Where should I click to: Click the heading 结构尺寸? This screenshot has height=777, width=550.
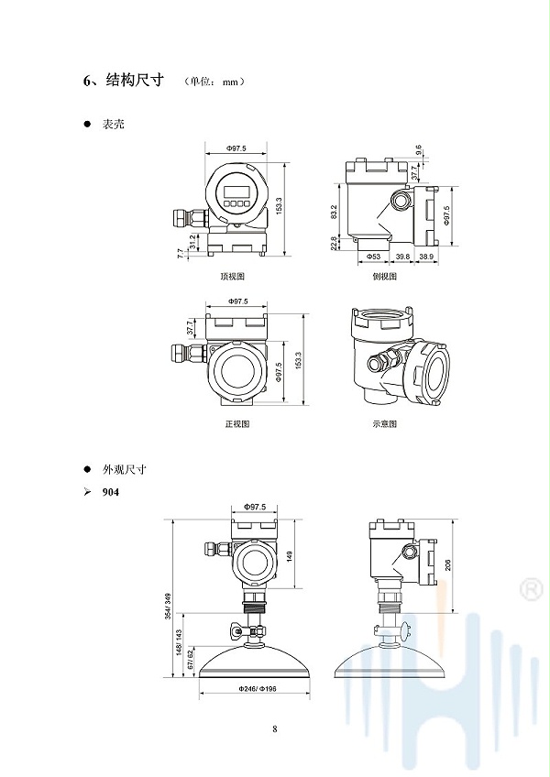click(x=135, y=80)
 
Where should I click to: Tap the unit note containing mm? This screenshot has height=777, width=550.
click(x=214, y=82)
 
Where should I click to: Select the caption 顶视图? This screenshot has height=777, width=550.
click(x=232, y=276)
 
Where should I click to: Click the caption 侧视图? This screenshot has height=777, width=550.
click(x=385, y=276)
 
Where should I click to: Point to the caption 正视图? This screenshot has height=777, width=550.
click(x=237, y=424)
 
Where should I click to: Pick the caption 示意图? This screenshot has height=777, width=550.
click(x=385, y=424)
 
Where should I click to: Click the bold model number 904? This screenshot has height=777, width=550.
click(x=111, y=493)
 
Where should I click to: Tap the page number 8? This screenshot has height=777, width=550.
click(x=275, y=728)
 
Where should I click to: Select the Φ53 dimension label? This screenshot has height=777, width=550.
click(x=373, y=257)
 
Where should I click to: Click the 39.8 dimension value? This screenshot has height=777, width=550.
click(x=402, y=257)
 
